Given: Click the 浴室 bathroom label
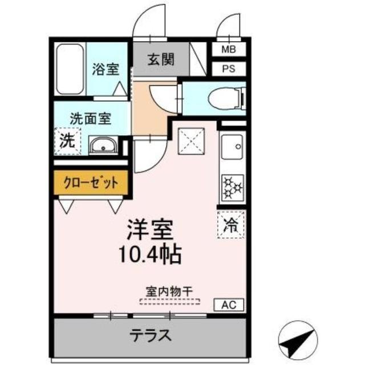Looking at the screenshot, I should pos(106,69).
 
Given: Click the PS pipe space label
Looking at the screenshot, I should pos(228,70).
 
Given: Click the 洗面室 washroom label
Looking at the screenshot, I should pos(90,120).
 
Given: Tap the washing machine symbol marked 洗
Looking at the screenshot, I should pos(67,141).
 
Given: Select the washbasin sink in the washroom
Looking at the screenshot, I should pos(103,147).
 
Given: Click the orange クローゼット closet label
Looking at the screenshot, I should pos(91,184).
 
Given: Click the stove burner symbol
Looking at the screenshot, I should pos(232,187).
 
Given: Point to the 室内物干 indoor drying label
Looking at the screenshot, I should pos(170,291).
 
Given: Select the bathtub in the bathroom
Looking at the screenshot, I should pos(70,69).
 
